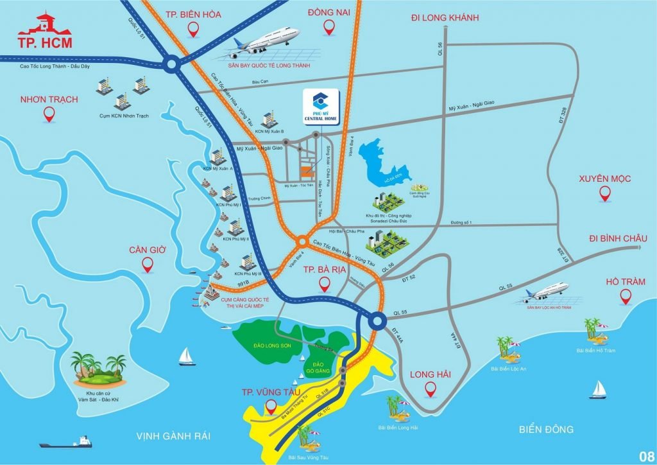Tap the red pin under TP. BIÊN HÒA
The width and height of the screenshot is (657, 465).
193,28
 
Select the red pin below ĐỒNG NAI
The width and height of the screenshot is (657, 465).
329,27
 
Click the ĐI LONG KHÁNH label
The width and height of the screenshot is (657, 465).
445,18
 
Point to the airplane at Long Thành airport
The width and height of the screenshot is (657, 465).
269,40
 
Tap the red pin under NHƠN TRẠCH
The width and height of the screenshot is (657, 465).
49,114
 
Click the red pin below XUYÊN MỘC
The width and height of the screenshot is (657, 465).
604,193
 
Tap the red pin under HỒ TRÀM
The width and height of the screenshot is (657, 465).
626,296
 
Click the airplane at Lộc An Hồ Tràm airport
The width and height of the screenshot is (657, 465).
546,292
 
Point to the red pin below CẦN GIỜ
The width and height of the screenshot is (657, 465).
148,263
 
